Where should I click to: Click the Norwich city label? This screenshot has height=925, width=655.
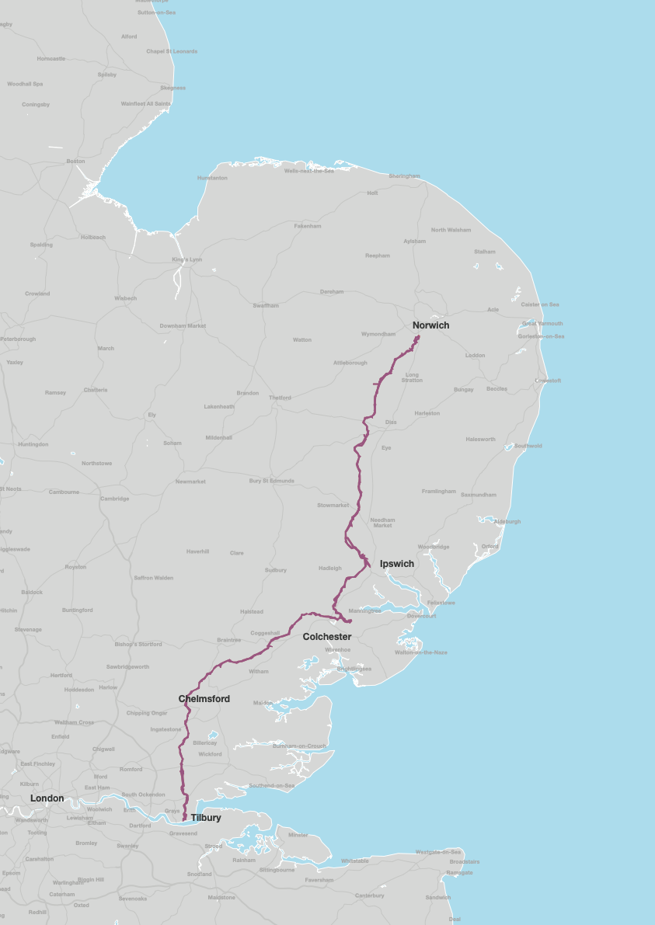[x=430, y=325]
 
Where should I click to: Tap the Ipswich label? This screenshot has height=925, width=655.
[x=397, y=564]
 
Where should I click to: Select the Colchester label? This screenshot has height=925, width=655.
[x=327, y=637]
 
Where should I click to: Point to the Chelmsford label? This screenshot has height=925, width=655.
[x=204, y=699]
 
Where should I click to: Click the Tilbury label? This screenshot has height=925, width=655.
[x=206, y=818]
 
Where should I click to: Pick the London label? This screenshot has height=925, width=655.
[x=47, y=798]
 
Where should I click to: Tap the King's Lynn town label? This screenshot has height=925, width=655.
[x=186, y=259]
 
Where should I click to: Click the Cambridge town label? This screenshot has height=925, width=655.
[x=114, y=499]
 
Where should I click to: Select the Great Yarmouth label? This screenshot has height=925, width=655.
[x=542, y=323]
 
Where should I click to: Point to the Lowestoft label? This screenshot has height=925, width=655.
[x=548, y=381]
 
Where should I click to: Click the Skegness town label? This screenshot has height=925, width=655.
[x=172, y=88]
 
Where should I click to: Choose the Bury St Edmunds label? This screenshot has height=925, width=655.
[x=272, y=481]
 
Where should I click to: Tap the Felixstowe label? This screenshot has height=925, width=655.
[x=441, y=603]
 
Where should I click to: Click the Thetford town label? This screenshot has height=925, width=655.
[x=280, y=398]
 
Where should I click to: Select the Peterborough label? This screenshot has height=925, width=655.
[x=18, y=339]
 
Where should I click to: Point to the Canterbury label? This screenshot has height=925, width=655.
[x=369, y=895]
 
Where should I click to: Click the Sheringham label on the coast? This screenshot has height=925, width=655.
[x=404, y=176]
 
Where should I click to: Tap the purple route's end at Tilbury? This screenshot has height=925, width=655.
[x=184, y=819]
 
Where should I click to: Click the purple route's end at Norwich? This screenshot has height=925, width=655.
[x=418, y=336]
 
